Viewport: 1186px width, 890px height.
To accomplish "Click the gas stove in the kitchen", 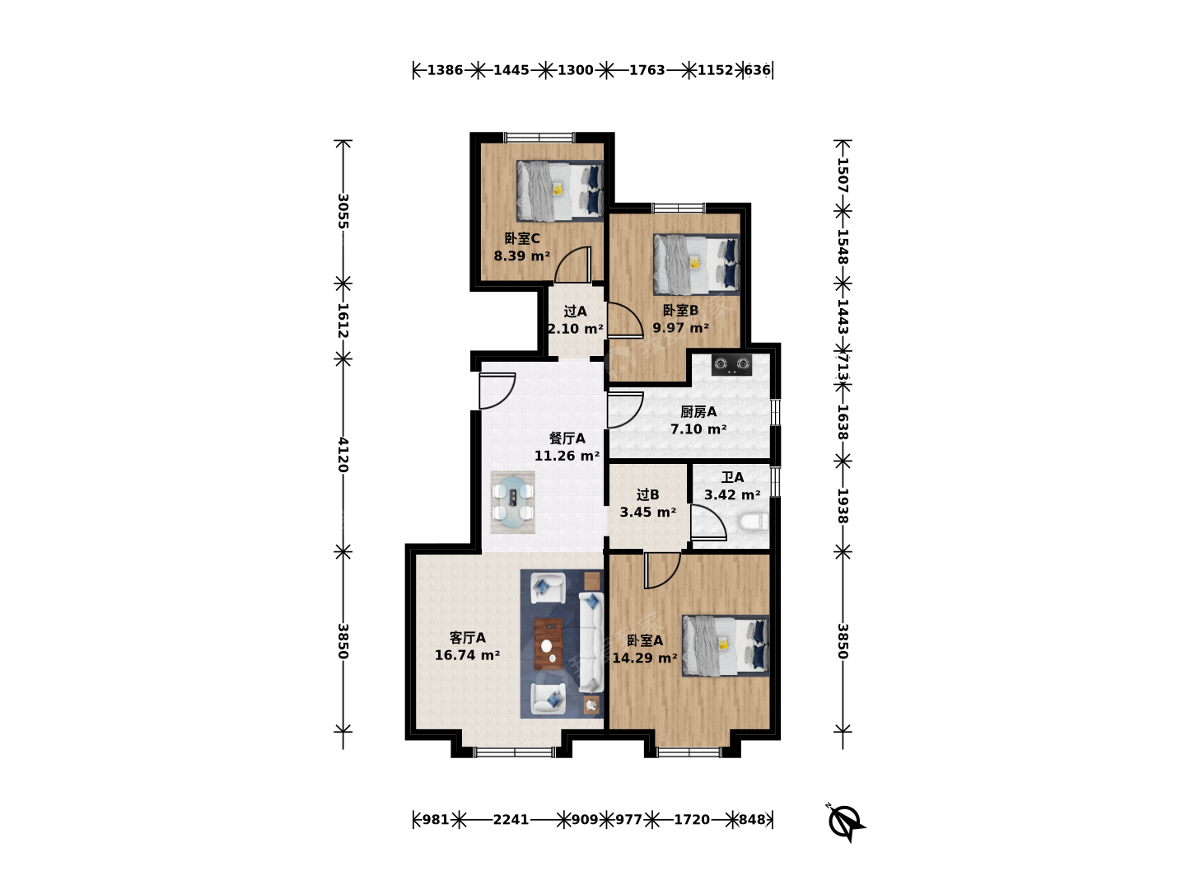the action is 731,365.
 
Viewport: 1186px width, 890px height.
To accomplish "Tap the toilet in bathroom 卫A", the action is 754,522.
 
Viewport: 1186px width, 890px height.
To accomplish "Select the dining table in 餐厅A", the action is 513,502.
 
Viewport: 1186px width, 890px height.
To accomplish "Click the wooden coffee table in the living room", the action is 549,644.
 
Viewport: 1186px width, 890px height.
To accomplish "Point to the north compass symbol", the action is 846,822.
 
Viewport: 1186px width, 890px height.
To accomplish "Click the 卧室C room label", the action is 522,238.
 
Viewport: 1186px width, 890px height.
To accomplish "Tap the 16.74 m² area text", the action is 467,655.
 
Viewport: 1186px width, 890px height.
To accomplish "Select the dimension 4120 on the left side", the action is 343,455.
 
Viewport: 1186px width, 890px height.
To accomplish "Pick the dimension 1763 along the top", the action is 647,70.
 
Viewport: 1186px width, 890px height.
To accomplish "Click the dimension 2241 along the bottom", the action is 511,820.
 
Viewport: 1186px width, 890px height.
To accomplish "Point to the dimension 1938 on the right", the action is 843,506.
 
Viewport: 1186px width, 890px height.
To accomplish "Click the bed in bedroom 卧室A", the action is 725,645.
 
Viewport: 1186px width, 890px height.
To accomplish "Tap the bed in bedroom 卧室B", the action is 697,265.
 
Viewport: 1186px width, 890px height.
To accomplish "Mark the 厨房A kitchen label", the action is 698,412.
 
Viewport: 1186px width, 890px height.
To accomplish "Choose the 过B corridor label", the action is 647,494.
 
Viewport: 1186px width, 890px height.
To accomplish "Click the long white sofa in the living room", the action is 591,643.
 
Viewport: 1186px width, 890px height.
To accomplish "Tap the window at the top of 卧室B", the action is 679,208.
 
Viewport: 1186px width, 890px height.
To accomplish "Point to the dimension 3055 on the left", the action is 343,211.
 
